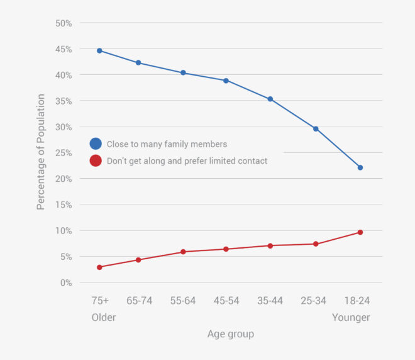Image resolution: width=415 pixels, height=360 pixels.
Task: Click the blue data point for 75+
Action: point(99,50)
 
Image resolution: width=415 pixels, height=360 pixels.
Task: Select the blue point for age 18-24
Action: point(360,167)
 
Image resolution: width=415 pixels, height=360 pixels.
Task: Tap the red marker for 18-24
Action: point(360,232)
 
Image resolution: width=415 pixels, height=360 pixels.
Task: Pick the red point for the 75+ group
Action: point(99,267)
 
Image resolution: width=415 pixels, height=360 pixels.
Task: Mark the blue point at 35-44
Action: point(270,99)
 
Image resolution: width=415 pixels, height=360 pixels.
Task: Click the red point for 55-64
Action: point(183,252)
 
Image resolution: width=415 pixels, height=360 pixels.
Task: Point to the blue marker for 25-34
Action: point(316,128)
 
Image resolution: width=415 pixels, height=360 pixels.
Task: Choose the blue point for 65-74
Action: point(138,63)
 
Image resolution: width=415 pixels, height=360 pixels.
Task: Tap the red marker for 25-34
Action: point(316,244)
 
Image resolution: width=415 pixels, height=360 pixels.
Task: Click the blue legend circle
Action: point(96,144)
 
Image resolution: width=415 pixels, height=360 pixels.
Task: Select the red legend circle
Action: point(96,160)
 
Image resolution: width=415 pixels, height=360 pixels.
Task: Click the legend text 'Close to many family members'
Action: point(167,144)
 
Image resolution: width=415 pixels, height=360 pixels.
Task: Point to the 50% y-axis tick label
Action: point(64,23)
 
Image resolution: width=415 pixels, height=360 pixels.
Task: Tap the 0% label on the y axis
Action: point(66,283)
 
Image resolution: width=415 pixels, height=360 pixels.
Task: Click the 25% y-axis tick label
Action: point(64,153)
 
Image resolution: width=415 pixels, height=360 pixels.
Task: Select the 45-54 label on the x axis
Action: point(226,301)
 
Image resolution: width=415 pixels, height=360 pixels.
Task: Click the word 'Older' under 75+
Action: point(104,317)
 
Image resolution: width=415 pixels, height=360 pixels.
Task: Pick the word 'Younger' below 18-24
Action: point(351,317)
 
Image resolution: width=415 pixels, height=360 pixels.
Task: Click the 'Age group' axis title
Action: point(231,334)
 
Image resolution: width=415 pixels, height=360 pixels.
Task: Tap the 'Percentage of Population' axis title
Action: point(41,152)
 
